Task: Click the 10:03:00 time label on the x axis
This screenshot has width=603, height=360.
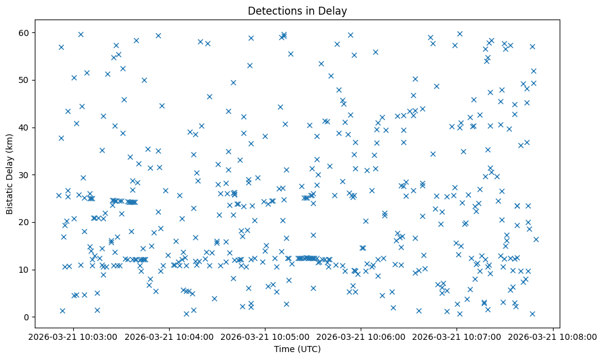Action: pos(74,337)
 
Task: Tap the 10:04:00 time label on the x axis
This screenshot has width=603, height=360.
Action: pos(170,337)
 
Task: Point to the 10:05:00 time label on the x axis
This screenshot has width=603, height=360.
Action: pos(266,337)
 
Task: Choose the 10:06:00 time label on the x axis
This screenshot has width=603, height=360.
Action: pos(361,337)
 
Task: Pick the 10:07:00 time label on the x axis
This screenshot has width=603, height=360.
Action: pos(457,337)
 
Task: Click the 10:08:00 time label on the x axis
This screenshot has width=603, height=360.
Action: pos(553,337)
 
